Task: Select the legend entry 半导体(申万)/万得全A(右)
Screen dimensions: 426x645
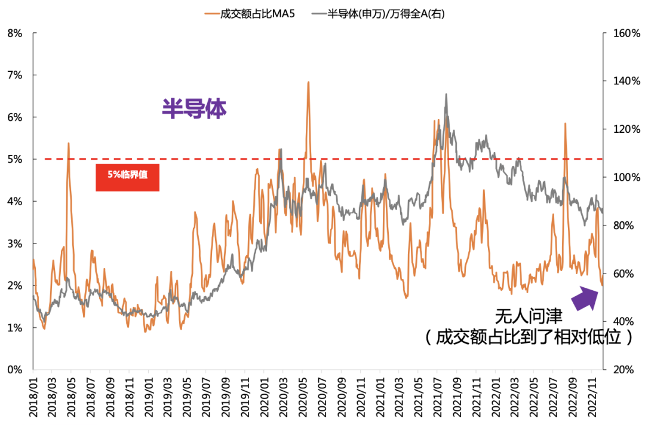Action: tap(386, 13)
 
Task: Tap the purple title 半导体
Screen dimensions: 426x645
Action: tap(194, 109)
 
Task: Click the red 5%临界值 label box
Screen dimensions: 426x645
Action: tap(127, 177)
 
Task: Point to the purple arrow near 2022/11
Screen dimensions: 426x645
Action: tap(585, 298)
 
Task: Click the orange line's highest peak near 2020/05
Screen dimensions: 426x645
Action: tap(308, 83)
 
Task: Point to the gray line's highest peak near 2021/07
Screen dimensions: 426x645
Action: tap(446, 95)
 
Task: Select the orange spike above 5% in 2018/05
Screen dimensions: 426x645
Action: tap(69, 144)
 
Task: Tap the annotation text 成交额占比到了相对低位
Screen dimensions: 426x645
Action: tap(529, 337)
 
